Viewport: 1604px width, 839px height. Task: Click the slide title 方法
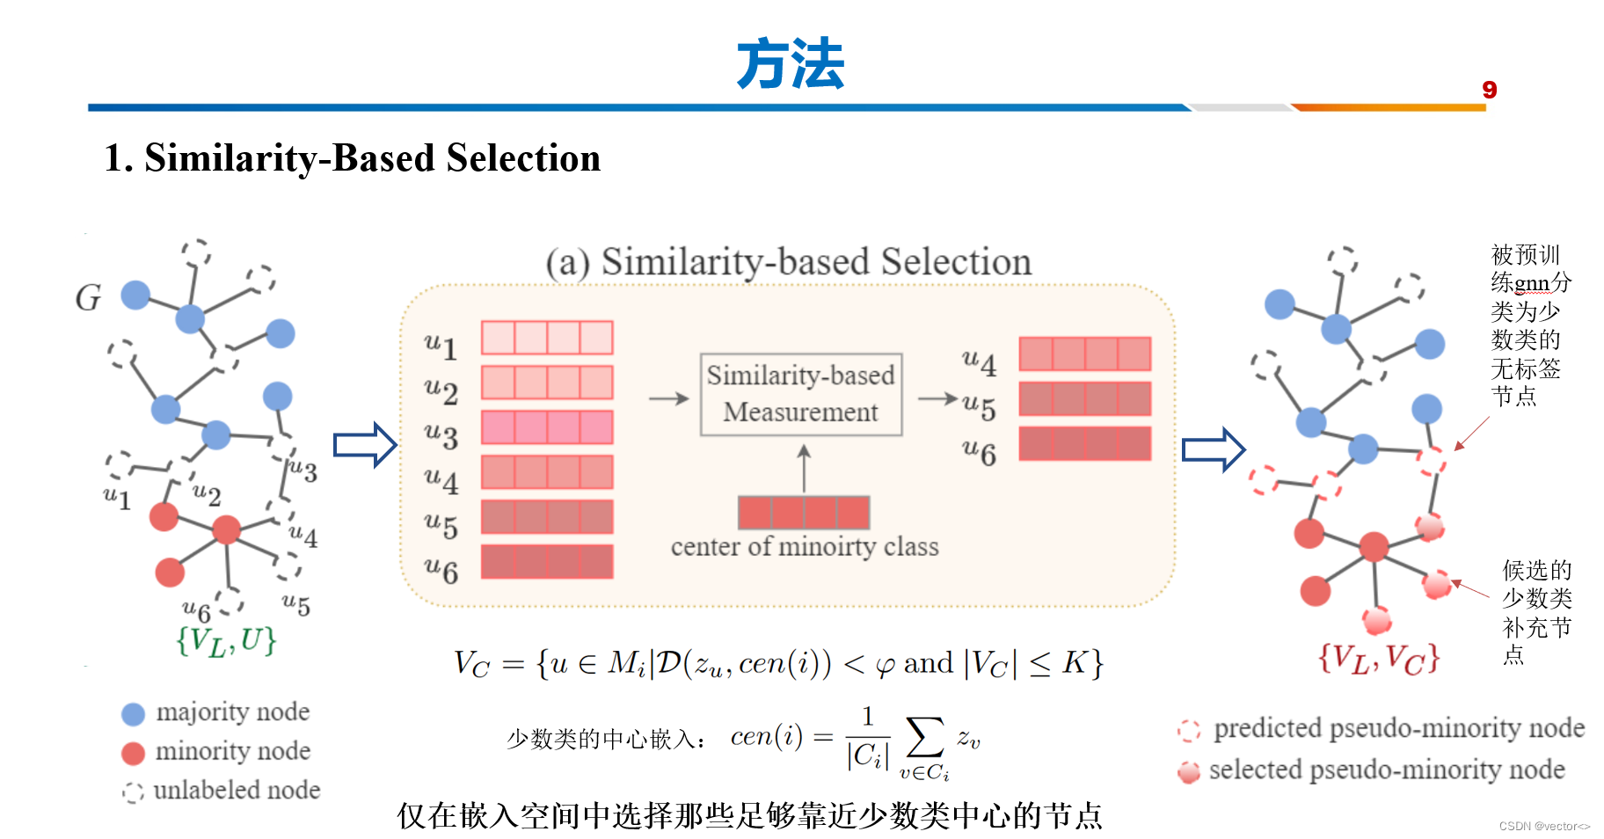coord(790,64)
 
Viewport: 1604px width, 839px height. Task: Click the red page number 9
coord(1489,90)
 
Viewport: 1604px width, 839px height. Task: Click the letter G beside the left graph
coord(88,298)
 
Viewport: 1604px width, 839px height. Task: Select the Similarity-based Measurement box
coord(800,394)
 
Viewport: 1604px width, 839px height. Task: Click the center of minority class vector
coord(803,512)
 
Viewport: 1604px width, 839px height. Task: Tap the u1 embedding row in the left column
coord(546,338)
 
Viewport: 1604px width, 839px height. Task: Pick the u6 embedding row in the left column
coord(546,562)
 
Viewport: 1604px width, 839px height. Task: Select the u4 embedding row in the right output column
coord(1084,354)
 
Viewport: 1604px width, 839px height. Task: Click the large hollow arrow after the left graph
coord(365,445)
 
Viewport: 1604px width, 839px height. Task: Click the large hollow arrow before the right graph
coord(1214,450)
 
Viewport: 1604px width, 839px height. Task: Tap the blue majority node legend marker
coord(133,714)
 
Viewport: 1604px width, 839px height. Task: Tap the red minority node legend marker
coord(133,754)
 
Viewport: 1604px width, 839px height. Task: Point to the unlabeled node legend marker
coord(133,792)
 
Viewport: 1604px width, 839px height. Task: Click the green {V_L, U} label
coord(226,641)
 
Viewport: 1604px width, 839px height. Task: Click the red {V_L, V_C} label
coord(1378,658)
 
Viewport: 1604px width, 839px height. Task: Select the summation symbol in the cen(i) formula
coord(924,737)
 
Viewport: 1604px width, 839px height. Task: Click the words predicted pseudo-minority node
coord(1398,728)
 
